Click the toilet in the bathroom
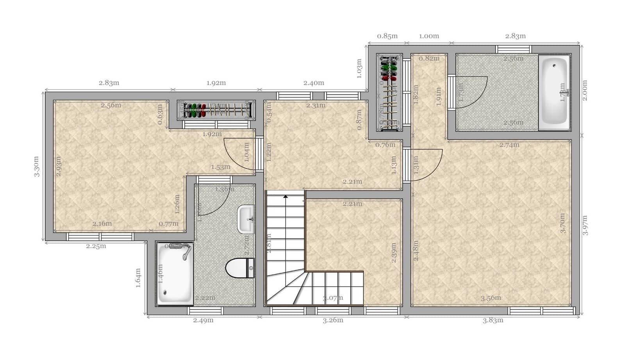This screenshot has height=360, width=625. point(239,268)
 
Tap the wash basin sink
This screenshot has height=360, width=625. point(246,219)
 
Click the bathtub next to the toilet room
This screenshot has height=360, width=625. point(175,273)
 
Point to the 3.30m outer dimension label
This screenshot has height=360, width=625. point(36,167)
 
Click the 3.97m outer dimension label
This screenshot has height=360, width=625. point(585,225)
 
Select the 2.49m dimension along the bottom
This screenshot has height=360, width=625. point(203,321)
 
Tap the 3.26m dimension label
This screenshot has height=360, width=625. point(333,321)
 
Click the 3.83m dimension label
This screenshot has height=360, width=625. point(493,321)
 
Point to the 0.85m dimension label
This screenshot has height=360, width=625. point(387,36)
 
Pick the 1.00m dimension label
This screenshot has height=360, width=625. point(429,36)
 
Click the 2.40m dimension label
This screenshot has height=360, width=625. point(314,83)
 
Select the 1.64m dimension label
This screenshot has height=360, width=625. point(138,278)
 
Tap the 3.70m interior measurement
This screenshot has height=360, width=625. point(563,223)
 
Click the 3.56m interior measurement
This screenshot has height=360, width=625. point(491,298)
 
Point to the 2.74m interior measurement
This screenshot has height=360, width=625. point(509,145)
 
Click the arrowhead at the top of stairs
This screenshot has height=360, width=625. point(286,196)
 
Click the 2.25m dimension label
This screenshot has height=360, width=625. point(96,246)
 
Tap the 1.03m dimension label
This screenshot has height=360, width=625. point(359,69)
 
